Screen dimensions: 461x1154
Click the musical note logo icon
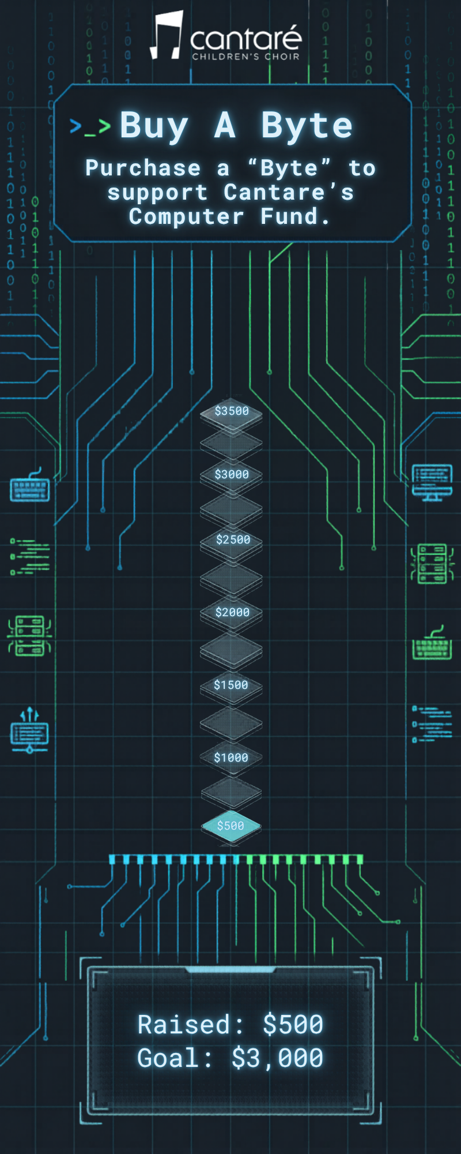(x=167, y=36)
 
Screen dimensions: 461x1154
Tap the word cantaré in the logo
(x=245, y=39)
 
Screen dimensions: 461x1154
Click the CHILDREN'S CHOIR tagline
(x=245, y=57)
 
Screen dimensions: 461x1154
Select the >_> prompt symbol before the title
(x=90, y=127)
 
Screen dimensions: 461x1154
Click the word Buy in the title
(x=154, y=126)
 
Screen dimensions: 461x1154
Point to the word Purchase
(x=143, y=168)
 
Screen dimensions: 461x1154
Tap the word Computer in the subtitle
(x=186, y=216)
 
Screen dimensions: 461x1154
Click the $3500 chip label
(x=232, y=411)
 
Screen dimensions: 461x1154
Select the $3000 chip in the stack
(x=232, y=474)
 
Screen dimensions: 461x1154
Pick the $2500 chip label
(x=233, y=539)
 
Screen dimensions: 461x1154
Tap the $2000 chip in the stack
(x=232, y=612)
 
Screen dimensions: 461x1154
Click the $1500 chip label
(x=231, y=685)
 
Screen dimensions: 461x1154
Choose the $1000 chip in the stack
(x=231, y=758)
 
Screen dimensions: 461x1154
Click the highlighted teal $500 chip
(x=231, y=826)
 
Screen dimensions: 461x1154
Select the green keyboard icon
(x=432, y=645)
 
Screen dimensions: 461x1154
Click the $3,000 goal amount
(x=277, y=1058)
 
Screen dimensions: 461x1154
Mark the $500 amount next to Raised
(x=293, y=1025)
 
